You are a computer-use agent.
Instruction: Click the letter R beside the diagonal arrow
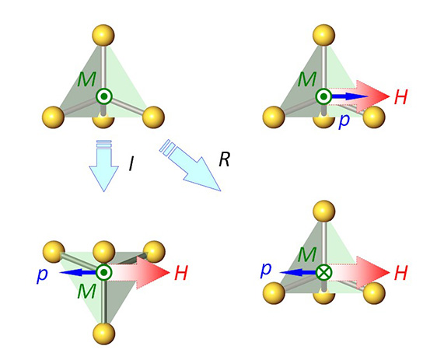(x=225, y=159)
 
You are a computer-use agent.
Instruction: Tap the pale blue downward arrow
(x=103, y=166)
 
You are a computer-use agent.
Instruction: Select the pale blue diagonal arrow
(x=190, y=166)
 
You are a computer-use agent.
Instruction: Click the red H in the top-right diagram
(x=400, y=96)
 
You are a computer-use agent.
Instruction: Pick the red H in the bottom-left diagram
(x=181, y=273)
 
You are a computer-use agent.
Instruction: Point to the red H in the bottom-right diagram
(x=400, y=273)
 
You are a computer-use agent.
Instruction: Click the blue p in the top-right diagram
(x=344, y=121)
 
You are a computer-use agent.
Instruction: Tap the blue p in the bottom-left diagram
(x=42, y=274)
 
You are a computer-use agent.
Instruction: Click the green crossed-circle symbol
(x=323, y=272)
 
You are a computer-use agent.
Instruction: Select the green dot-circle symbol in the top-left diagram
(x=104, y=96)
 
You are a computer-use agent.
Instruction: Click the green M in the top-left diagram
(x=86, y=79)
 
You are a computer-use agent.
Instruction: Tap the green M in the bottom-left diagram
(x=86, y=291)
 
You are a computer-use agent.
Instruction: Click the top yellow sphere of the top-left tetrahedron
(x=103, y=35)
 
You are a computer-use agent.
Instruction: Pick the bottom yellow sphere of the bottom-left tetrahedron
(x=103, y=333)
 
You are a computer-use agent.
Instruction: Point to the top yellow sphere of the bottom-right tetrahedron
(x=324, y=211)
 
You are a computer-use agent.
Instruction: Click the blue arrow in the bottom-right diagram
(x=298, y=272)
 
